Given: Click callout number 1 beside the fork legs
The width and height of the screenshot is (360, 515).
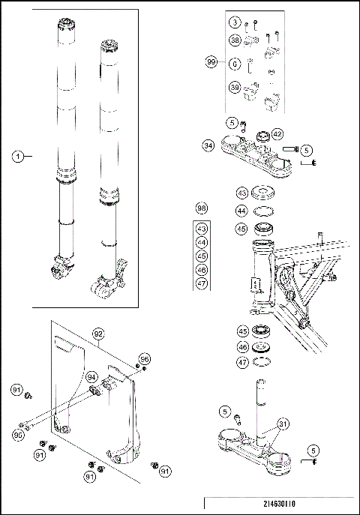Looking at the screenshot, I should click(17, 156).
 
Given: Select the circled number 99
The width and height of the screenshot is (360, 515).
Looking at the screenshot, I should click(211, 63).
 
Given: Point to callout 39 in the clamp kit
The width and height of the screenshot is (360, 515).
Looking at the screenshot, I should click(235, 89).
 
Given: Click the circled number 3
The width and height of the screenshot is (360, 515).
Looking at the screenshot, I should click(235, 23).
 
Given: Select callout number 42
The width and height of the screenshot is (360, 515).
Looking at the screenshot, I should click(277, 133).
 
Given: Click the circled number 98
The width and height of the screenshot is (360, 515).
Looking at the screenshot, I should click(201, 207).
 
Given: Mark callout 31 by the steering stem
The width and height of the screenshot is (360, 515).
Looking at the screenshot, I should click(281, 424).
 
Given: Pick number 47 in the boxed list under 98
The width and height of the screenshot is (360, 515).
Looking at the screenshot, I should click(201, 283).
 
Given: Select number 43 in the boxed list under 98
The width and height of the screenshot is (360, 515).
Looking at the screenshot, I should click(201, 229).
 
